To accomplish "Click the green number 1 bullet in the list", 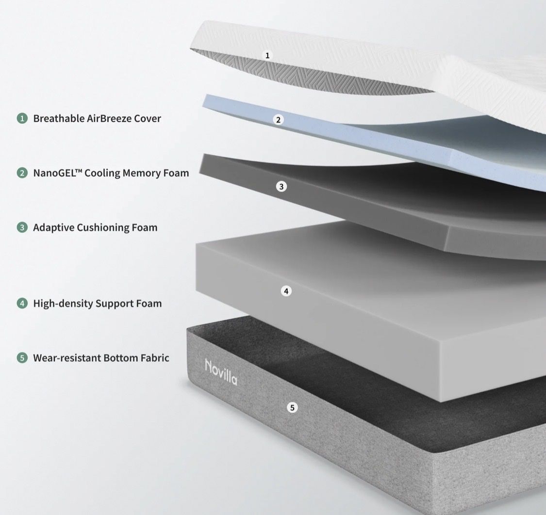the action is (x=22, y=118).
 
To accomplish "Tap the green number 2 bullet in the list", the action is (x=22, y=173).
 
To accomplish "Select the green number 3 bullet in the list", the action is (x=22, y=227).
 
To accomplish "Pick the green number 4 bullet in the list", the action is (x=22, y=304).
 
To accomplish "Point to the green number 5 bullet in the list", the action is (x=22, y=358).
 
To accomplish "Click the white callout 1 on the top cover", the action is (x=267, y=55).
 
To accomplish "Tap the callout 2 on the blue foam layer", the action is (x=278, y=120).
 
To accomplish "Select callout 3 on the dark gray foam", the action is (x=281, y=187).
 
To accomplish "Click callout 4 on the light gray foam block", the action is (x=286, y=291).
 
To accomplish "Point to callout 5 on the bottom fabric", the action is (x=292, y=407).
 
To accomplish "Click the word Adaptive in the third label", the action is (x=53, y=228).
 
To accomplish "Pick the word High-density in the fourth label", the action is (x=63, y=304).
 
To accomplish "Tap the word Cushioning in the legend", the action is (x=103, y=228).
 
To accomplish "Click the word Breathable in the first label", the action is (x=59, y=118).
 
